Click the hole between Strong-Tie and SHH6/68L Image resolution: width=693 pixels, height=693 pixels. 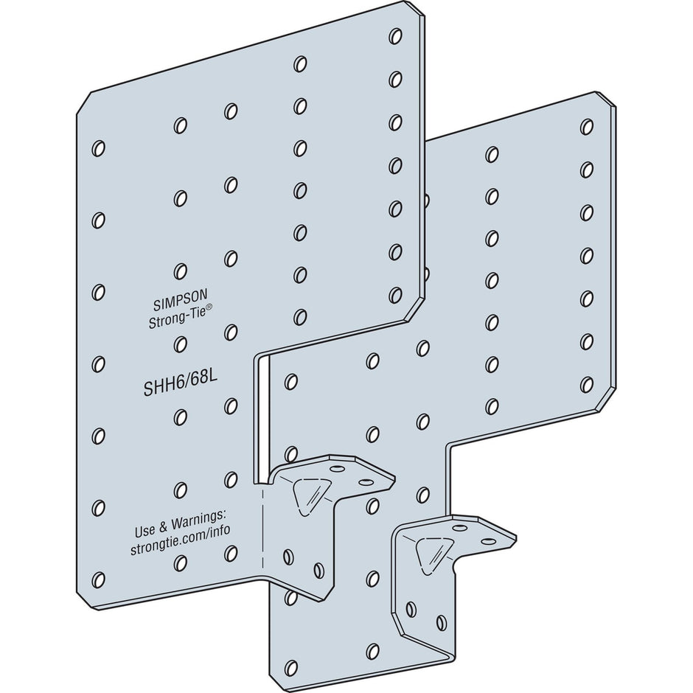click(180, 344)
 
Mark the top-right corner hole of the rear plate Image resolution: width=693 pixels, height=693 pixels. click(587, 127)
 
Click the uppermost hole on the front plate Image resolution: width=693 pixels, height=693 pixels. click(396, 35)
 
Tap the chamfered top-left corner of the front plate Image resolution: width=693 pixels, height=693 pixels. click(84, 103)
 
